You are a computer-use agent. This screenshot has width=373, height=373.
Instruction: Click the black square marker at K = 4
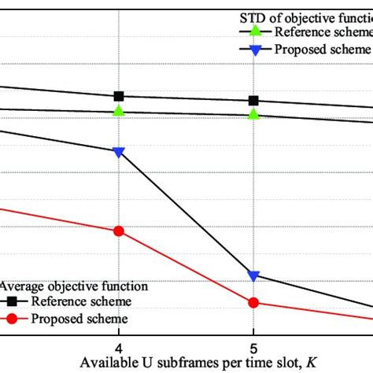tap(119, 96)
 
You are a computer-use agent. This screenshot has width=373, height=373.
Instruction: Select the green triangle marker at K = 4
tap(119, 111)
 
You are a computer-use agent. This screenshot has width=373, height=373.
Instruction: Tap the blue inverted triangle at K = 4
tap(119, 152)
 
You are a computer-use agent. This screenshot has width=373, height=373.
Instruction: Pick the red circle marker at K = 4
tap(119, 231)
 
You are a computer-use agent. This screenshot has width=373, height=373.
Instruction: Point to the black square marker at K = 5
tap(253, 101)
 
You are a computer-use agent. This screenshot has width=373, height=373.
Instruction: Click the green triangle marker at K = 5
tap(253, 114)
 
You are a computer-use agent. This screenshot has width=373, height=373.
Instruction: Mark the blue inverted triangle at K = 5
tap(253, 276)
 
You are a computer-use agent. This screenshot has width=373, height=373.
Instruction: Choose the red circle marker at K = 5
tap(253, 303)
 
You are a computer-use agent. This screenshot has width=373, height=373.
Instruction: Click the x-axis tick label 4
tap(119, 347)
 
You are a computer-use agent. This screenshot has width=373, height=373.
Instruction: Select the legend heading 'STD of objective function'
tap(303, 17)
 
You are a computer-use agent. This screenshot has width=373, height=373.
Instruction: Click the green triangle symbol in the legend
tap(253, 32)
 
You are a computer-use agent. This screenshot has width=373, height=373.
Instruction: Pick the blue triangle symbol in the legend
tap(253, 50)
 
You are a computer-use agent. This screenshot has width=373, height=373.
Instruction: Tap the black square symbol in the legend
tap(13, 301)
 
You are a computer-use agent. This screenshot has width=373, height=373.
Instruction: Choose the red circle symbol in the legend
tap(13, 319)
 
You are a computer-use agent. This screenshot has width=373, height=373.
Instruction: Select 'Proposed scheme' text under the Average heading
tap(79, 319)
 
